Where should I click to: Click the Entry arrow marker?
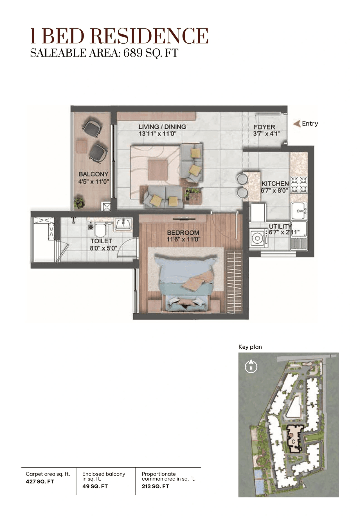297,124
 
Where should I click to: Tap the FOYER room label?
264,127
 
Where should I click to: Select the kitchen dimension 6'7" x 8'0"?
274,190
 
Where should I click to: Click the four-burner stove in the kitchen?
299,185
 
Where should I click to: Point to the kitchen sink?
299,210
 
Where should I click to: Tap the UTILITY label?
280,226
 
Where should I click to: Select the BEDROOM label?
183,233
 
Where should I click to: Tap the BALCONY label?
93,174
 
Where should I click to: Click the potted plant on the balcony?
79,202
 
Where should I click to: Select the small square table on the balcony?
82,146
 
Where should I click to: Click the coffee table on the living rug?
158,170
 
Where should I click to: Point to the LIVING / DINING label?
162,127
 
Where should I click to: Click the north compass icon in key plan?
251,367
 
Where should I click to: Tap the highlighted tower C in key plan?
294,439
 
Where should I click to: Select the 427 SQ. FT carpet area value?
40,481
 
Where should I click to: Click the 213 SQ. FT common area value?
155,486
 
